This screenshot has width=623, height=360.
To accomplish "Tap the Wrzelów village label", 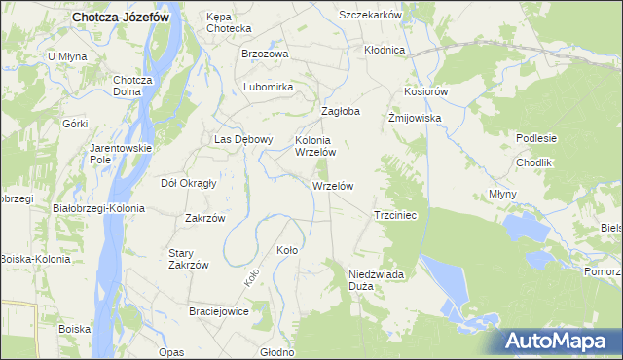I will [x=332, y=186].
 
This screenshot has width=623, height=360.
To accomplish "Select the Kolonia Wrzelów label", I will [x=315, y=146].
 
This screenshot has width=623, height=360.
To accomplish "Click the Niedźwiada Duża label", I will [x=375, y=281].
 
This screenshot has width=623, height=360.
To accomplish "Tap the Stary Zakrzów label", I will [x=188, y=259].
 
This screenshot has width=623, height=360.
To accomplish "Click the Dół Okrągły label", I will [x=188, y=182].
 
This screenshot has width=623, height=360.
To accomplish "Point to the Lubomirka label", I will [x=269, y=87].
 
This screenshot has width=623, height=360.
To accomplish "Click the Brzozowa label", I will [x=265, y=54].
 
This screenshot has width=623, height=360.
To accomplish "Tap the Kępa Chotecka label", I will [x=229, y=22].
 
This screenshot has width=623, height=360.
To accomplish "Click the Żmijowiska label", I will [x=416, y=118].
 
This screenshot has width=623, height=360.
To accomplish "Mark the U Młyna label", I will [x=67, y=56].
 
